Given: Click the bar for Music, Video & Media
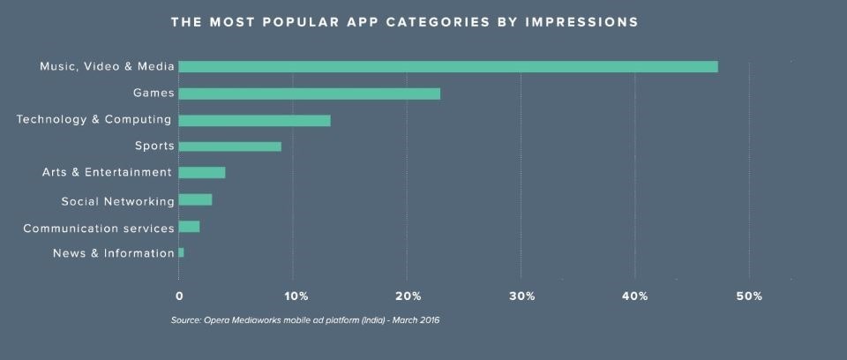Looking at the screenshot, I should pyautogui.click(x=448, y=66).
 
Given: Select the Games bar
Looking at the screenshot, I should pyautogui.click(x=309, y=94).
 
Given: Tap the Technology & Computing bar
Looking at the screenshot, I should pyautogui.click(x=254, y=120).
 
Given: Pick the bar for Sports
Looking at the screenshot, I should pyautogui.click(x=229, y=146).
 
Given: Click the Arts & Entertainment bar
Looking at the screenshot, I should pyautogui.click(x=201, y=172).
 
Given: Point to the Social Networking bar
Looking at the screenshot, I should pyautogui.click(x=195, y=199).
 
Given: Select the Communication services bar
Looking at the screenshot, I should pyautogui.click(x=189, y=227).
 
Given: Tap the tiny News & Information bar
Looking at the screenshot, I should pyautogui.click(x=181, y=252).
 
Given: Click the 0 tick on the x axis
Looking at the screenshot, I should pyautogui.click(x=180, y=296).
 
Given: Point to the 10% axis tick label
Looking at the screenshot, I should pyautogui.click(x=296, y=296).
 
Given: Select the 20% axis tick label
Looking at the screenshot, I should pyautogui.click(x=409, y=296).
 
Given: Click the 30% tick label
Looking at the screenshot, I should pyautogui.click(x=522, y=296).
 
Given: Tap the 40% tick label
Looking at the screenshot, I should pyautogui.click(x=635, y=296).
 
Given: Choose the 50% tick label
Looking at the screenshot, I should pyautogui.click(x=750, y=296).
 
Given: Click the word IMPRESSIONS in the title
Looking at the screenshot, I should pyautogui.click(x=587, y=22).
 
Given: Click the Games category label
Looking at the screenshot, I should pyautogui.click(x=154, y=93).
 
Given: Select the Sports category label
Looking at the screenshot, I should pyautogui.click(x=154, y=146).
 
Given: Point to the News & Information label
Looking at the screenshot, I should pyautogui.click(x=114, y=253).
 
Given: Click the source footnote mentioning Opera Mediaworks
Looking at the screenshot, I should pyautogui.click(x=305, y=320).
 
